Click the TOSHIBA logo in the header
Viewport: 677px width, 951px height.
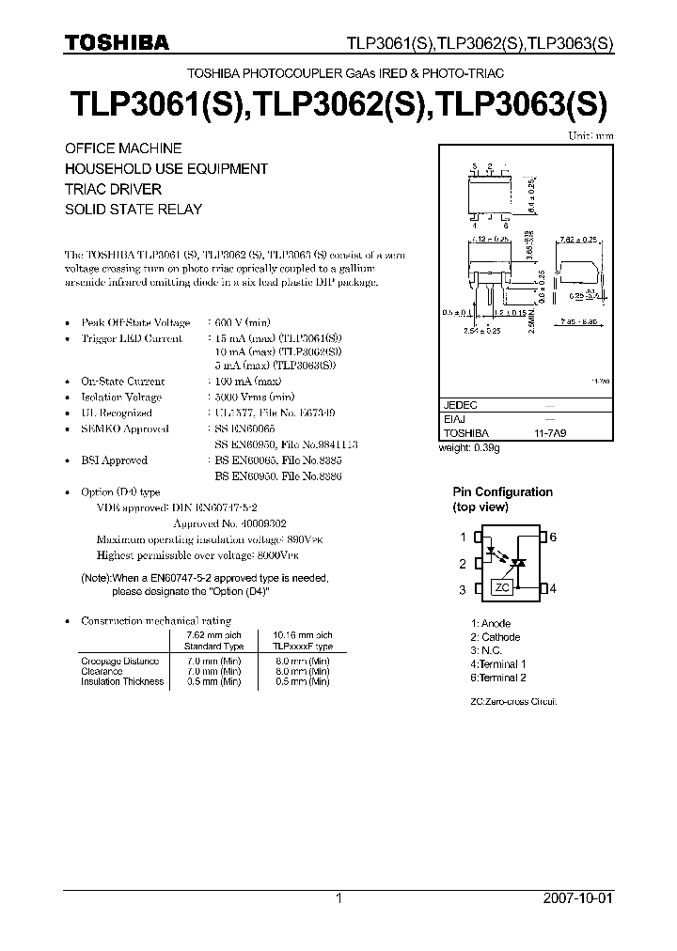tap(117, 42)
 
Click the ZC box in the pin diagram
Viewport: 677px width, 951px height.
tap(501, 588)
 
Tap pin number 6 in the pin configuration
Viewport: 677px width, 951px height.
tap(554, 537)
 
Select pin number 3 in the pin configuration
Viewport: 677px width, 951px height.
tap(463, 589)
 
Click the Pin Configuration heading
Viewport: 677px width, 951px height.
tap(503, 492)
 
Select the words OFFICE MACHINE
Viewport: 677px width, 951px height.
tap(122, 148)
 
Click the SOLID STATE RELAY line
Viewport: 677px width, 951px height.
tap(133, 210)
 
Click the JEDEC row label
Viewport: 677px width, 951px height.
tap(460, 404)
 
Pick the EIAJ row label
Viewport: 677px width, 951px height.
tap(453, 419)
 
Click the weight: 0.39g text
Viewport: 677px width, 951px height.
tap(470, 448)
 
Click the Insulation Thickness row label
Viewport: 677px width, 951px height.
tap(123, 681)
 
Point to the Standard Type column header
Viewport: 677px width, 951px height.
tap(213, 647)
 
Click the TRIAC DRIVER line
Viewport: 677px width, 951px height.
tap(112, 189)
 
